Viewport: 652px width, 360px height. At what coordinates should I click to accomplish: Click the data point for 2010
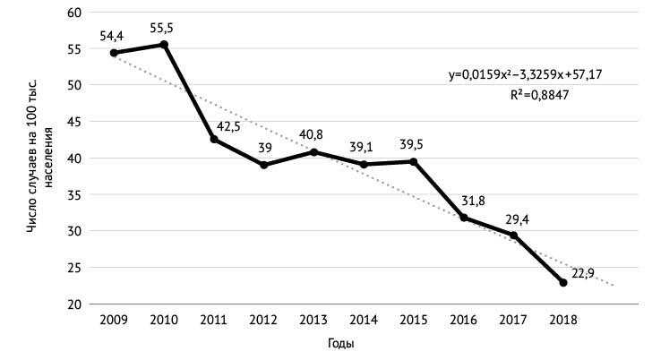pos(164,45)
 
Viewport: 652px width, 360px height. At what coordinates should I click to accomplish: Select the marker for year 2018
pos(563,283)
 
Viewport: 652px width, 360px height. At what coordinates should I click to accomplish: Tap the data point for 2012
pos(264,165)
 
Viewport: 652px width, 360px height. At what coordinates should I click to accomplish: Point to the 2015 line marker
pos(414,161)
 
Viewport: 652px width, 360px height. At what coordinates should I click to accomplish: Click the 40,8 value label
pos(312,135)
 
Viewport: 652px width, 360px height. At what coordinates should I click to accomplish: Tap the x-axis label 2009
pos(114,321)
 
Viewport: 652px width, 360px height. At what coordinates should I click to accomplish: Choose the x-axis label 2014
pos(364,321)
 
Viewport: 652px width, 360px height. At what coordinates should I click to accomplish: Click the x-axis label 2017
pos(513,321)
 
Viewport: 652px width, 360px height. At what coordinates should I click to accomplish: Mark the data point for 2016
pos(464,218)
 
